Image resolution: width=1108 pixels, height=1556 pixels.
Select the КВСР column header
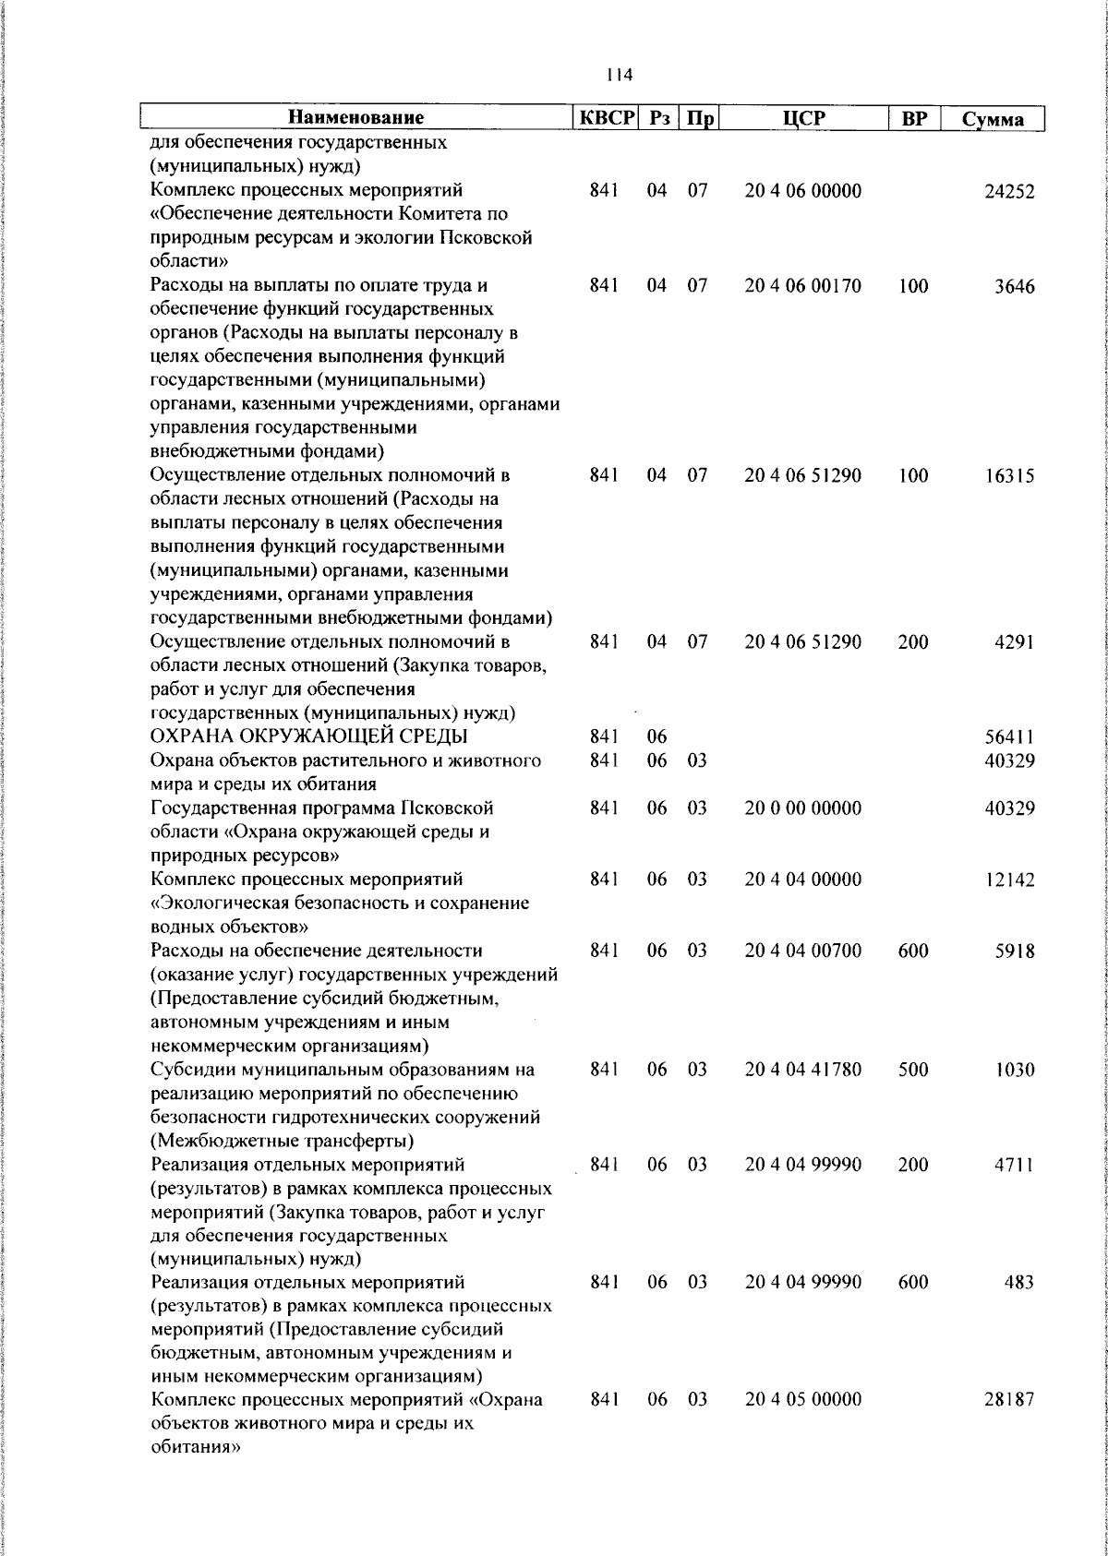tap(608, 118)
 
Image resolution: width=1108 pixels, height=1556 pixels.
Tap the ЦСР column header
tap(803, 118)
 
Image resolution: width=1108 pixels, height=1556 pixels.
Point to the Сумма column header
tap(993, 119)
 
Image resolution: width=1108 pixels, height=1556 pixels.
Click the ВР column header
tap(913, 118)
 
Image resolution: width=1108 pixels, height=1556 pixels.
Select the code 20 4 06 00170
tap(803, 286)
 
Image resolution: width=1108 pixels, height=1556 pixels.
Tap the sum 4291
tap(1014, 642)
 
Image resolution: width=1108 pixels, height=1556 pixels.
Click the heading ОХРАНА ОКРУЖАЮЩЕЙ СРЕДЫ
tap(309, 736)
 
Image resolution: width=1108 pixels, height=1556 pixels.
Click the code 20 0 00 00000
tap(803, 808)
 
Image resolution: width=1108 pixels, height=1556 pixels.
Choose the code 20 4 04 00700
tap(803, 951)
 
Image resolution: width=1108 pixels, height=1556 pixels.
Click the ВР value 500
tap(912, 1070)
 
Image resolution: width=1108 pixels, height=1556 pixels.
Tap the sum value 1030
tap(1014, 1071)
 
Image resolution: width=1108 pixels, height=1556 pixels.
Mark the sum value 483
tap(1018, 1283)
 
